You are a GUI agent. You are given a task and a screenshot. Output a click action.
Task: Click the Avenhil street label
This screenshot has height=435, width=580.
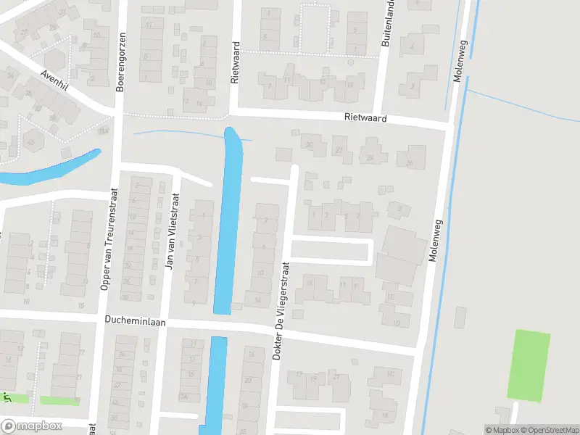coord(54,80)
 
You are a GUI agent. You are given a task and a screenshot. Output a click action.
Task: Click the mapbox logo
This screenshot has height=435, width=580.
coord(31,426)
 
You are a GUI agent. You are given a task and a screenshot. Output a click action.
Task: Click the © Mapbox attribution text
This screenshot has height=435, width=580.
coord(502,430)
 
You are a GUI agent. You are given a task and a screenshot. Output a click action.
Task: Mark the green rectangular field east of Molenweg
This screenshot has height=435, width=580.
coord(529,365)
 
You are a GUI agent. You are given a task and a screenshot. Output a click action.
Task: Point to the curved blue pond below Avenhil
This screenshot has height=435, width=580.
coord(51,171)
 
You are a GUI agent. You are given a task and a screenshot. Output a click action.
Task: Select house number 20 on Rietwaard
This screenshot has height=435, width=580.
coord(310,144)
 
